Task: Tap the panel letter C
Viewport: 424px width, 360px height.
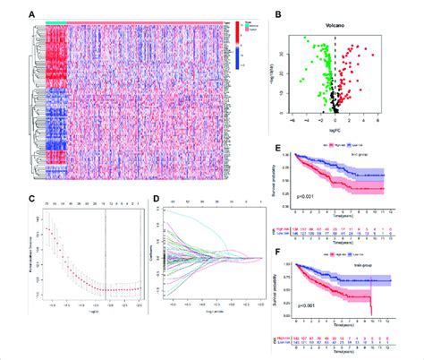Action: [x=32, y=212]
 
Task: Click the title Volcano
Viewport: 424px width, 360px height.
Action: [x=336, y=23]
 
